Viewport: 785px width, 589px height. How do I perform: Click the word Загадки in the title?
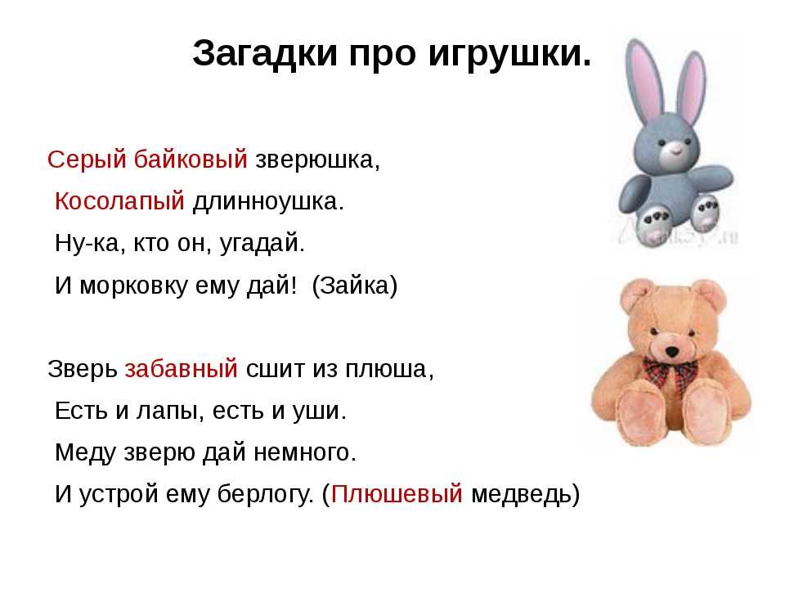[x=265, y=54]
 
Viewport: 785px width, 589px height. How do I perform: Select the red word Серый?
[x=87, y=160]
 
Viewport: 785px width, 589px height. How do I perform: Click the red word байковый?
[x=191, y=159]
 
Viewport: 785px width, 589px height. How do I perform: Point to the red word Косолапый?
[x=119, y=201]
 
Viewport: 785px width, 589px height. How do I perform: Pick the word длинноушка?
[x=269, y=202]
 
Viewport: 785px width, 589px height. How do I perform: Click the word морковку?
[x=133, y=286]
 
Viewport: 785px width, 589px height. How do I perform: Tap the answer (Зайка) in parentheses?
[x=354, y=286]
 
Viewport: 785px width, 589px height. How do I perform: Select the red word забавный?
[x=182, y=369]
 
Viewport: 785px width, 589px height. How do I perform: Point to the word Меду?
[x=86, y=452]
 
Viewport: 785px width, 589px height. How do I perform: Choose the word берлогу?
[x=265, y=495]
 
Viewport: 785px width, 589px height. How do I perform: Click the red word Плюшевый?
[x=397, y=494]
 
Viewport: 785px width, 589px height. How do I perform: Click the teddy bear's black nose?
[x=671, y=352]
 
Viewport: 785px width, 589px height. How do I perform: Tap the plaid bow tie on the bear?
[x=671, y=373]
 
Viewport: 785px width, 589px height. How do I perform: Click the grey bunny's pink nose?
[x=675, y=147]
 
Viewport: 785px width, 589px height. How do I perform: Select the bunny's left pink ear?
[x=646, y=79]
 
